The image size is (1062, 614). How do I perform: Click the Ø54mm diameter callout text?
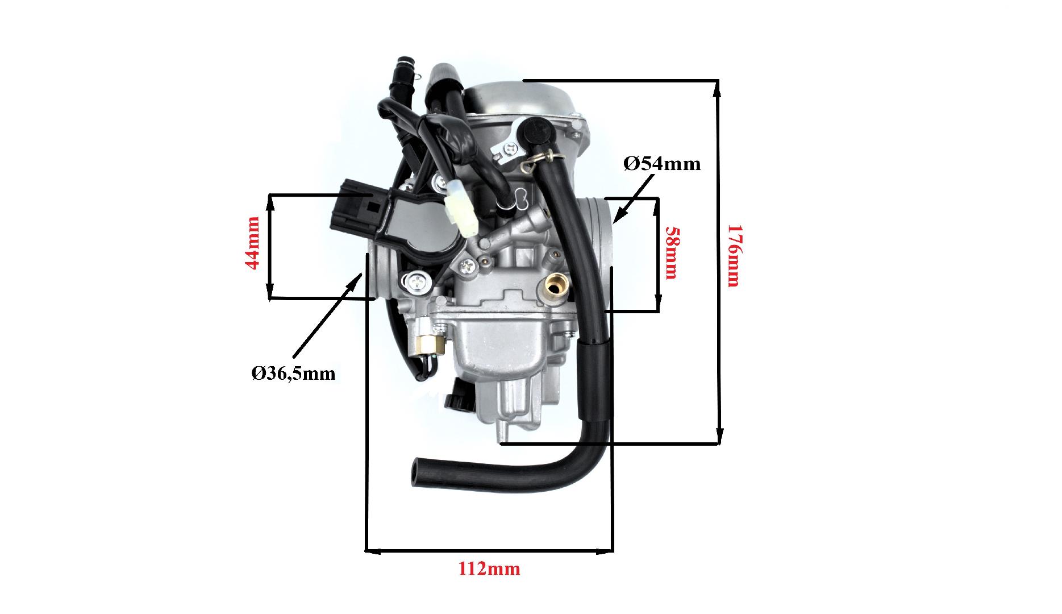(x=662, y=164)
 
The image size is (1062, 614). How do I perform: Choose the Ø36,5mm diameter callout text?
(x=293, y=374)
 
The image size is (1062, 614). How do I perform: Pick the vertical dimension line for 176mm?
(x=718, y=262)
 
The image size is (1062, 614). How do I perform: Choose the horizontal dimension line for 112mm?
(x=489, y=551)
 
